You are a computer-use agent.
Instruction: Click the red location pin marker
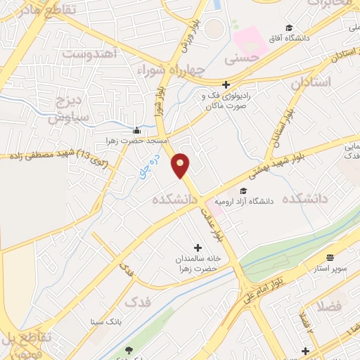pos(181,165)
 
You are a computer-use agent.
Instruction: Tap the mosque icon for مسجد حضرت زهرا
pos(136,131)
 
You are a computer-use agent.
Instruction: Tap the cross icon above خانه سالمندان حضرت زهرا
pos(198,247)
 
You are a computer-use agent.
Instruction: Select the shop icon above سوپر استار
pos(330,257)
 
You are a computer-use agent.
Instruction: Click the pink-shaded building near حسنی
pos(250,39)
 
